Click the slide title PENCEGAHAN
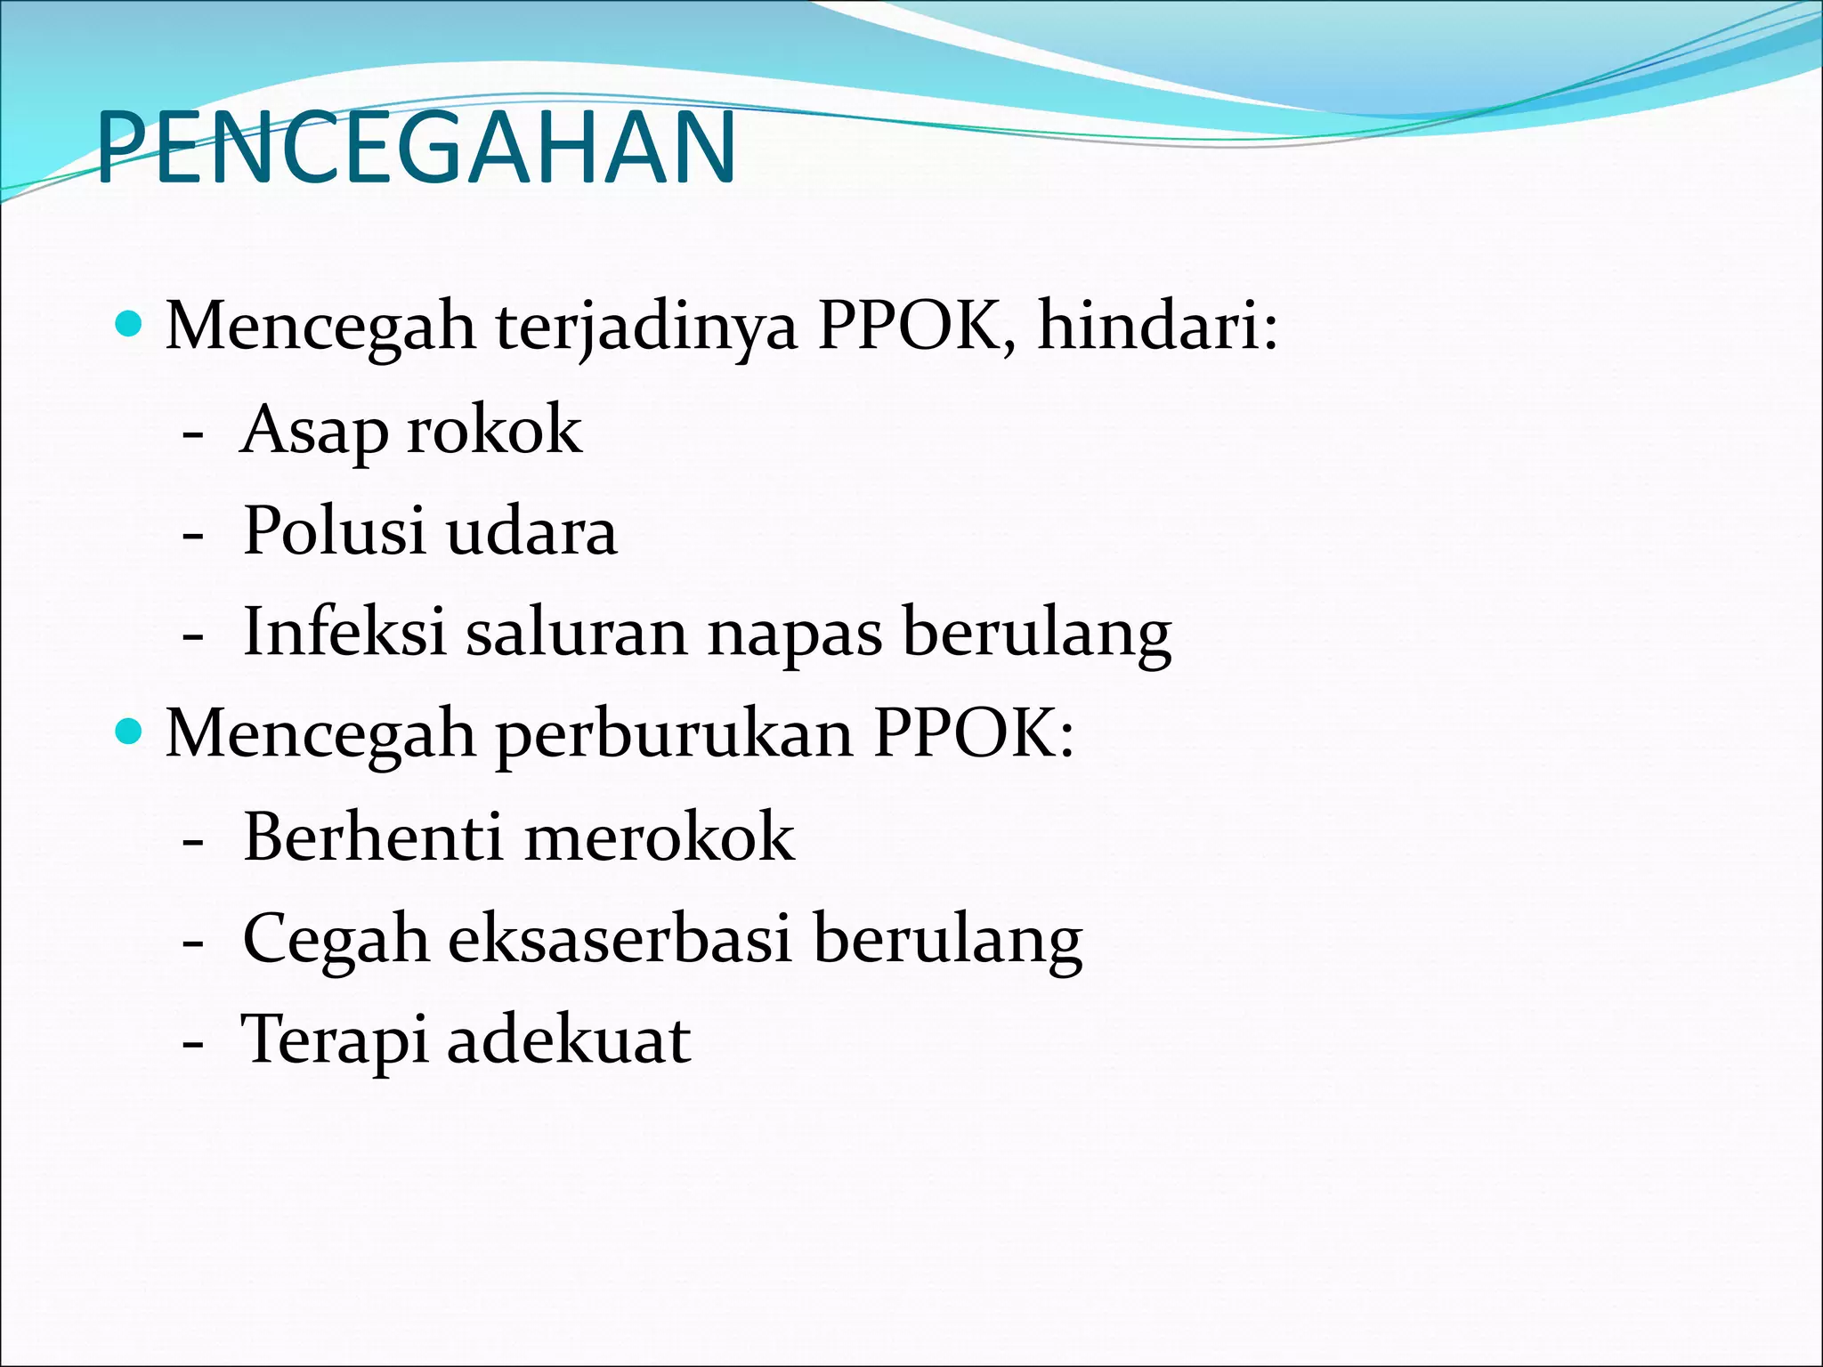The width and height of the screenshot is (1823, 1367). pos(416,147)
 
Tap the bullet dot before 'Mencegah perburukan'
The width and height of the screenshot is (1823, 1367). pos(130,732)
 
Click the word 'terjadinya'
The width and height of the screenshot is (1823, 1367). pos(646,328)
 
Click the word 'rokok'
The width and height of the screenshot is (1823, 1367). pos(494,429)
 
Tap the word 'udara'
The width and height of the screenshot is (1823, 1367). pos(531,531)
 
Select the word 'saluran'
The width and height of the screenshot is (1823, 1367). pos(577,632)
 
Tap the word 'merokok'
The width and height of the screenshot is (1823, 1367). pos(660,837)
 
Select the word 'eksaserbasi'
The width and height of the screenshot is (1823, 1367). pos(620,938)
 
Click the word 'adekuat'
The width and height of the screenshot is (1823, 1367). pos(569,1039)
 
